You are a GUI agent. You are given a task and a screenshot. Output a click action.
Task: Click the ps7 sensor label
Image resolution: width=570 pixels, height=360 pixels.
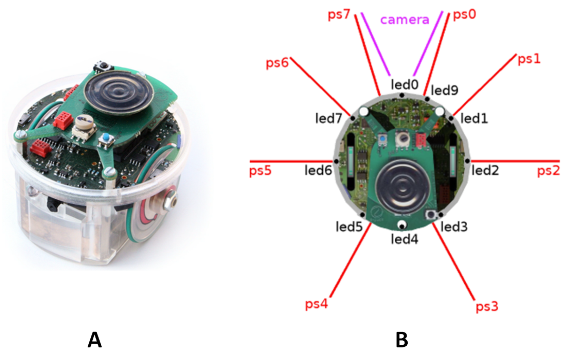click(339, 15)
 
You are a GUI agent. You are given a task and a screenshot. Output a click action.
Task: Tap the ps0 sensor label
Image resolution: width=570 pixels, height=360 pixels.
click(464, 15)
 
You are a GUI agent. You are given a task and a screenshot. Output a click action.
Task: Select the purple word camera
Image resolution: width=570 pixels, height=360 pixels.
click(405, 20)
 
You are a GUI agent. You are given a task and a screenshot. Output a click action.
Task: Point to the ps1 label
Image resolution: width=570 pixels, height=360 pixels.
click(529, 59)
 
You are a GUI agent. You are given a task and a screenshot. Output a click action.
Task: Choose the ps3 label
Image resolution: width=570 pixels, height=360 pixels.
click(487, 306)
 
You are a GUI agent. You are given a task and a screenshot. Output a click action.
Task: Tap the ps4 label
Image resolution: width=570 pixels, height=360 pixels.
click(316, 303)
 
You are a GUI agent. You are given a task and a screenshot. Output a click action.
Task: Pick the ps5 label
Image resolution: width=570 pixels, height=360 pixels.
click(260, 170)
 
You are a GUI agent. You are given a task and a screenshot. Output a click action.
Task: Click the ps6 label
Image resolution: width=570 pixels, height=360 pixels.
click(277, 63)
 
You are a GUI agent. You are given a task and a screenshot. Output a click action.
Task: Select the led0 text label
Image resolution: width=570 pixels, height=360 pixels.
click(405, 84)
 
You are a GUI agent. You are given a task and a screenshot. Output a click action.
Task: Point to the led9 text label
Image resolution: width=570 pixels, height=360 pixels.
click(444, 90)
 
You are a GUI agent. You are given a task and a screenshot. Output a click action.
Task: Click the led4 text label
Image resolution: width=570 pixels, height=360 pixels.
click(405, 239)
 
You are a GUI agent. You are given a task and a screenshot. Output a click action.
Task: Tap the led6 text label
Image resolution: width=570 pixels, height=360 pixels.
click(318, 170)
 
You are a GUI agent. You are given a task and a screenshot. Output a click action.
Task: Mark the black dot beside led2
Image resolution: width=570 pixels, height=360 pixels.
click(468, 161)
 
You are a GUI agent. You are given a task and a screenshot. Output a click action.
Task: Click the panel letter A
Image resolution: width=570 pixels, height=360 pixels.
click(94, 340)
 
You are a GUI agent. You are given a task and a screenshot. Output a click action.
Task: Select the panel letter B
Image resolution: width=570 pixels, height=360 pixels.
click(402, 340)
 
